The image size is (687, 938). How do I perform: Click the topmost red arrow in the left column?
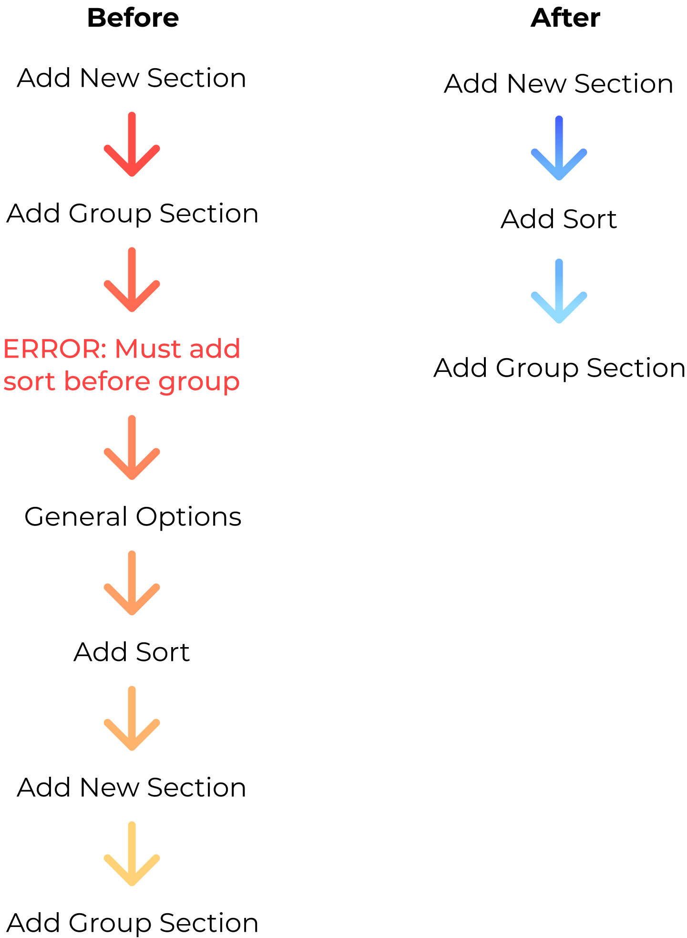click(x=132, y=145)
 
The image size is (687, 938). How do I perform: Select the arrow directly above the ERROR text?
click(x=132, y=281)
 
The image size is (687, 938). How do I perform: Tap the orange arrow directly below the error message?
click(x=132, y=448)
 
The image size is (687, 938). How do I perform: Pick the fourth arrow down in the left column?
click(x=132, y=584)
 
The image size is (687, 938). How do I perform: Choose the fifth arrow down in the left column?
click(x=132, y=719)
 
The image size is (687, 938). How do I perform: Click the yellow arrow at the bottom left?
click(x=132, y=855)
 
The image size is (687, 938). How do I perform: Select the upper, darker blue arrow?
click(x=559, y=149)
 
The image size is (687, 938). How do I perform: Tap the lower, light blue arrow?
click(x=559, y=292)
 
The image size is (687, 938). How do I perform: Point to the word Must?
click(x=148, y=349)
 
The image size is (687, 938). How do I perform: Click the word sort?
click(x=30, y=382)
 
